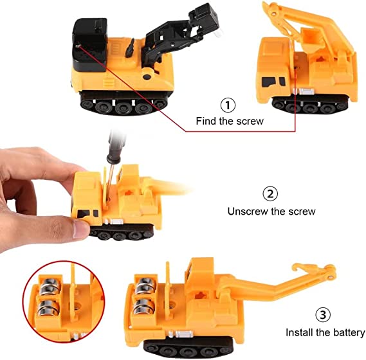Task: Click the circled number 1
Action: click(x=228, y=105)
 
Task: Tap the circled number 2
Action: click(x=270, y=194)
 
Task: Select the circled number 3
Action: click(x=323, y=315)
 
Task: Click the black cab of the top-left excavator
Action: click(x=90, y=44)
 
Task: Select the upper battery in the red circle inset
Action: click(x=50, y=286)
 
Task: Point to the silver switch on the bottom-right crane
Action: click(x=184, y=334)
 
